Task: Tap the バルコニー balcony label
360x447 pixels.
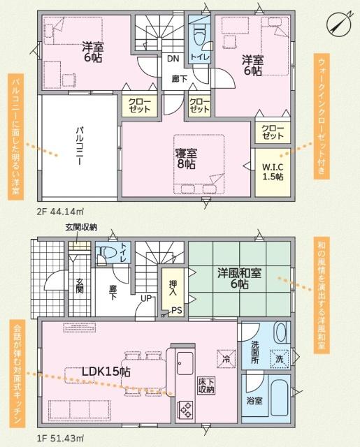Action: (80, 146)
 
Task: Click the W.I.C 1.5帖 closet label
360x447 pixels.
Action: (273, 171)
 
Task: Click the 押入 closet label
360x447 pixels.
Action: (173, 288)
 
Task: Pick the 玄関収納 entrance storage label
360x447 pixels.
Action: (81, 228)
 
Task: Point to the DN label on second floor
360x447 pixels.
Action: (172, 59)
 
